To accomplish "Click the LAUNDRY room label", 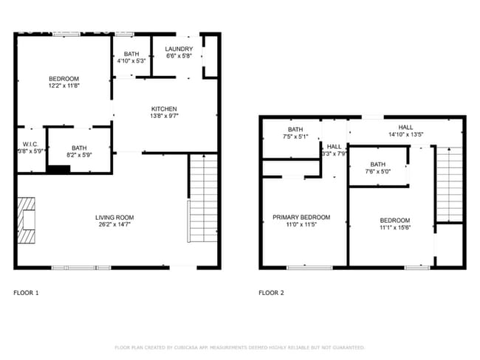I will (179, 49).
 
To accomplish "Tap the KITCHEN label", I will (163, 109).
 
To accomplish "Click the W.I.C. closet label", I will (30, 144).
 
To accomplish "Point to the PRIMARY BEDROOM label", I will (301, 217).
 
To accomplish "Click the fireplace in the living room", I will (28, 220).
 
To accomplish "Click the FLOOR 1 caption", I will (26, 293).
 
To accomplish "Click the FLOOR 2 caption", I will (271, 293).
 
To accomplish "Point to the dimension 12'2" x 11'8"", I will (64, 86).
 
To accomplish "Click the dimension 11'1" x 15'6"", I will (396, 228).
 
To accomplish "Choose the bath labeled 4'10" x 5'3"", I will (131, 61).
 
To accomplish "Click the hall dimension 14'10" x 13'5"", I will (405, 134).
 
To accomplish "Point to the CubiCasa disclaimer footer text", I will (239, 347).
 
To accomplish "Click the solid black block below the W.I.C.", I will (58, 169).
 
